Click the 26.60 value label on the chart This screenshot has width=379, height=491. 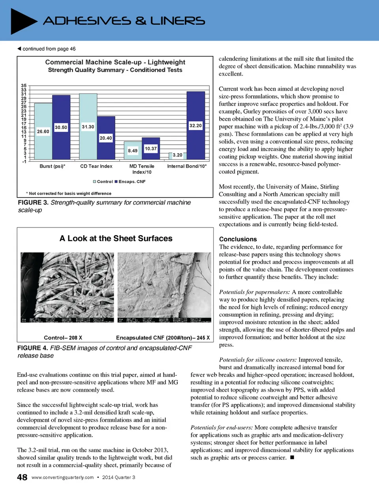tap(43, 131)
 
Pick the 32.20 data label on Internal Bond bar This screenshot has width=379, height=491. tap(195, 125)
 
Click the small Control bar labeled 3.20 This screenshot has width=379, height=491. tap(170, 156)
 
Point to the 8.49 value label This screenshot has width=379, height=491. tap(133, 151)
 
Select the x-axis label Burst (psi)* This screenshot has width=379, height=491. tap(53, 166)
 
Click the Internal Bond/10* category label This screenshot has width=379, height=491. tap(187, 166)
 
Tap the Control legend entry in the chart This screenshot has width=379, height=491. tap(103, 182)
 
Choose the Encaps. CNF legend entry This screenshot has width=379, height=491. tap(130, 182)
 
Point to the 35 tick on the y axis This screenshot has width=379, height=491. tap(24, 86)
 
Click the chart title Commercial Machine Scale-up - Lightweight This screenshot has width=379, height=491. tap(115, 62)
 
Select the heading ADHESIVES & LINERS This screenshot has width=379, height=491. tap(124, 21)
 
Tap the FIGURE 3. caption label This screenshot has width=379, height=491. tap(33, 203)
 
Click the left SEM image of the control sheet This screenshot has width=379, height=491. tap(67, 287)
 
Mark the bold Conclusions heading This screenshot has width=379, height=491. tap(238, 239)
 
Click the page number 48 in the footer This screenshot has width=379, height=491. tap(22, 477)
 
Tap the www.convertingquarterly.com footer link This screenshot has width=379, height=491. tap(62, 478)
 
